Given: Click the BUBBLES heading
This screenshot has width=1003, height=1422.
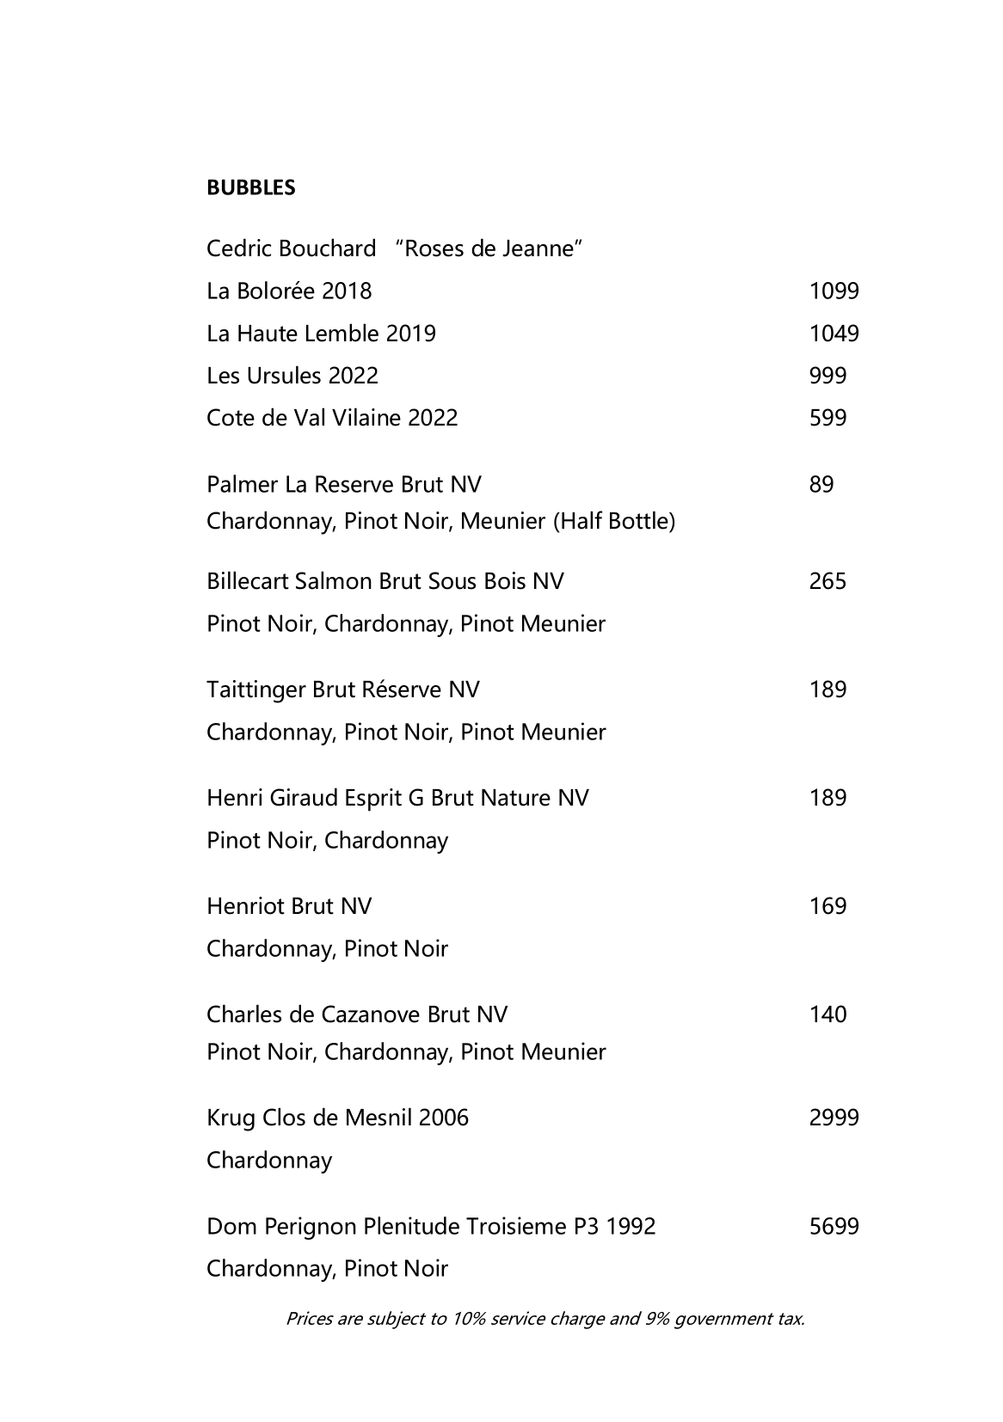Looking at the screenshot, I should coord(250,187).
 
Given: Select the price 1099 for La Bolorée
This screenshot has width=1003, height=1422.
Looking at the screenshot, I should coord(834,291).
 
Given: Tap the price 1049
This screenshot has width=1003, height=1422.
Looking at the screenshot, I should coord(834,334).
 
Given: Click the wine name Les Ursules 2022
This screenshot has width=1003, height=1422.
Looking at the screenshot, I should coord(292,376).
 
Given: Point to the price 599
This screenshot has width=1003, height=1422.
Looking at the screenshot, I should coord(828,418).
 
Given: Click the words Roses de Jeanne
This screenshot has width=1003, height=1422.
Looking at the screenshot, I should coord(489,249).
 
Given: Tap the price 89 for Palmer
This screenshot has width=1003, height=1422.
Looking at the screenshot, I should coord(821,485).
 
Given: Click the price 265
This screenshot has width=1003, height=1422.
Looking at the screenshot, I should coord(828,581).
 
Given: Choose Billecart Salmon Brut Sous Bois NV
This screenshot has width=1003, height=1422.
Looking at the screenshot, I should coord(385,581).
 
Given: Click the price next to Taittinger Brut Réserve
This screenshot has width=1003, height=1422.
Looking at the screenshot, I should coord(828,690).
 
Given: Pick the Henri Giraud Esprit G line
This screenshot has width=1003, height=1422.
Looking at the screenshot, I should coord(397,798).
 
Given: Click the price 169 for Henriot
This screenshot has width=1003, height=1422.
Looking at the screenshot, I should coord(828,906).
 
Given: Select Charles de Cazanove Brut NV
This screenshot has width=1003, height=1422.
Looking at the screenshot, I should coord(357,1014).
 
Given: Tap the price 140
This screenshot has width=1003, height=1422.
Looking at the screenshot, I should coord(828,1014).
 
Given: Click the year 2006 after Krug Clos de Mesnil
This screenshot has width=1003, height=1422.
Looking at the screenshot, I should coord(443,1118).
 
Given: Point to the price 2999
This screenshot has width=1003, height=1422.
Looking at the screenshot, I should coord(834,1118).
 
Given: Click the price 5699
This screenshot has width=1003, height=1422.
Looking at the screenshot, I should coord(834,1226).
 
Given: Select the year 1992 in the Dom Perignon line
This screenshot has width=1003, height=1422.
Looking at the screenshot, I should coord(631,1226).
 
